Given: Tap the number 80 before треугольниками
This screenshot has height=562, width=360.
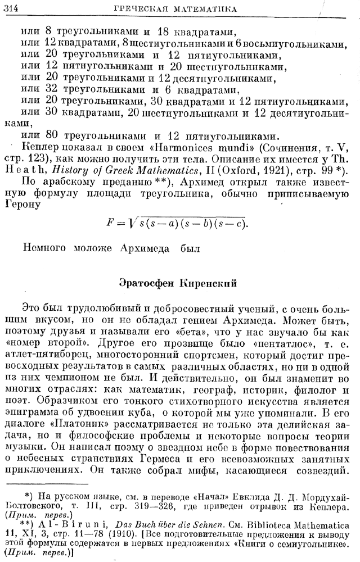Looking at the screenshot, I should (51, 135).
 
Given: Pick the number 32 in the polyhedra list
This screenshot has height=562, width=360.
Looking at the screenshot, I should (51, 90).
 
